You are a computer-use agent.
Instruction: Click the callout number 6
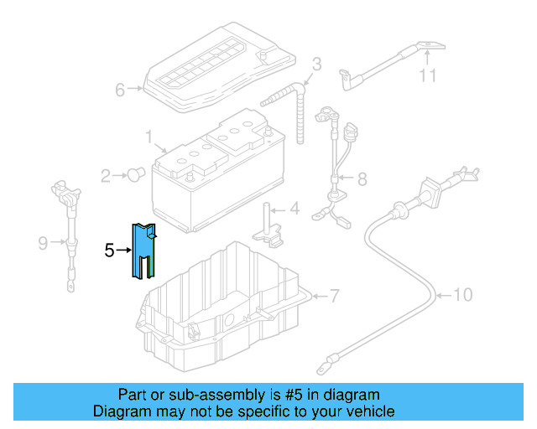pyautogui.click(x=120, y=89)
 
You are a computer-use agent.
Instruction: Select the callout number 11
pyautogui.click(x=429, y=76)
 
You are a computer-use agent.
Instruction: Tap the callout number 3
pyautogui.click(x=317, y=64)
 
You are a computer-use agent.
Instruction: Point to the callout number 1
pyautogui.click(x=149, y=135)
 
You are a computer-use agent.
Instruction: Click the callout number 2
pyautogui.click(x=107, y=176)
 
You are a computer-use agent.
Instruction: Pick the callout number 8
pyautogui.click(x=362, y=178)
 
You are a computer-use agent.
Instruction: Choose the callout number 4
pyautogui.click(x=294, y=209)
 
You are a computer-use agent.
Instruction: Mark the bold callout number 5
pyautogui.click(x=109, y=250)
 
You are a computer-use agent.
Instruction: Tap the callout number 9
pyautogui.click(x=43, y=244)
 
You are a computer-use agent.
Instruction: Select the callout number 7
pyautogui.click(x=334, y=296)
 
